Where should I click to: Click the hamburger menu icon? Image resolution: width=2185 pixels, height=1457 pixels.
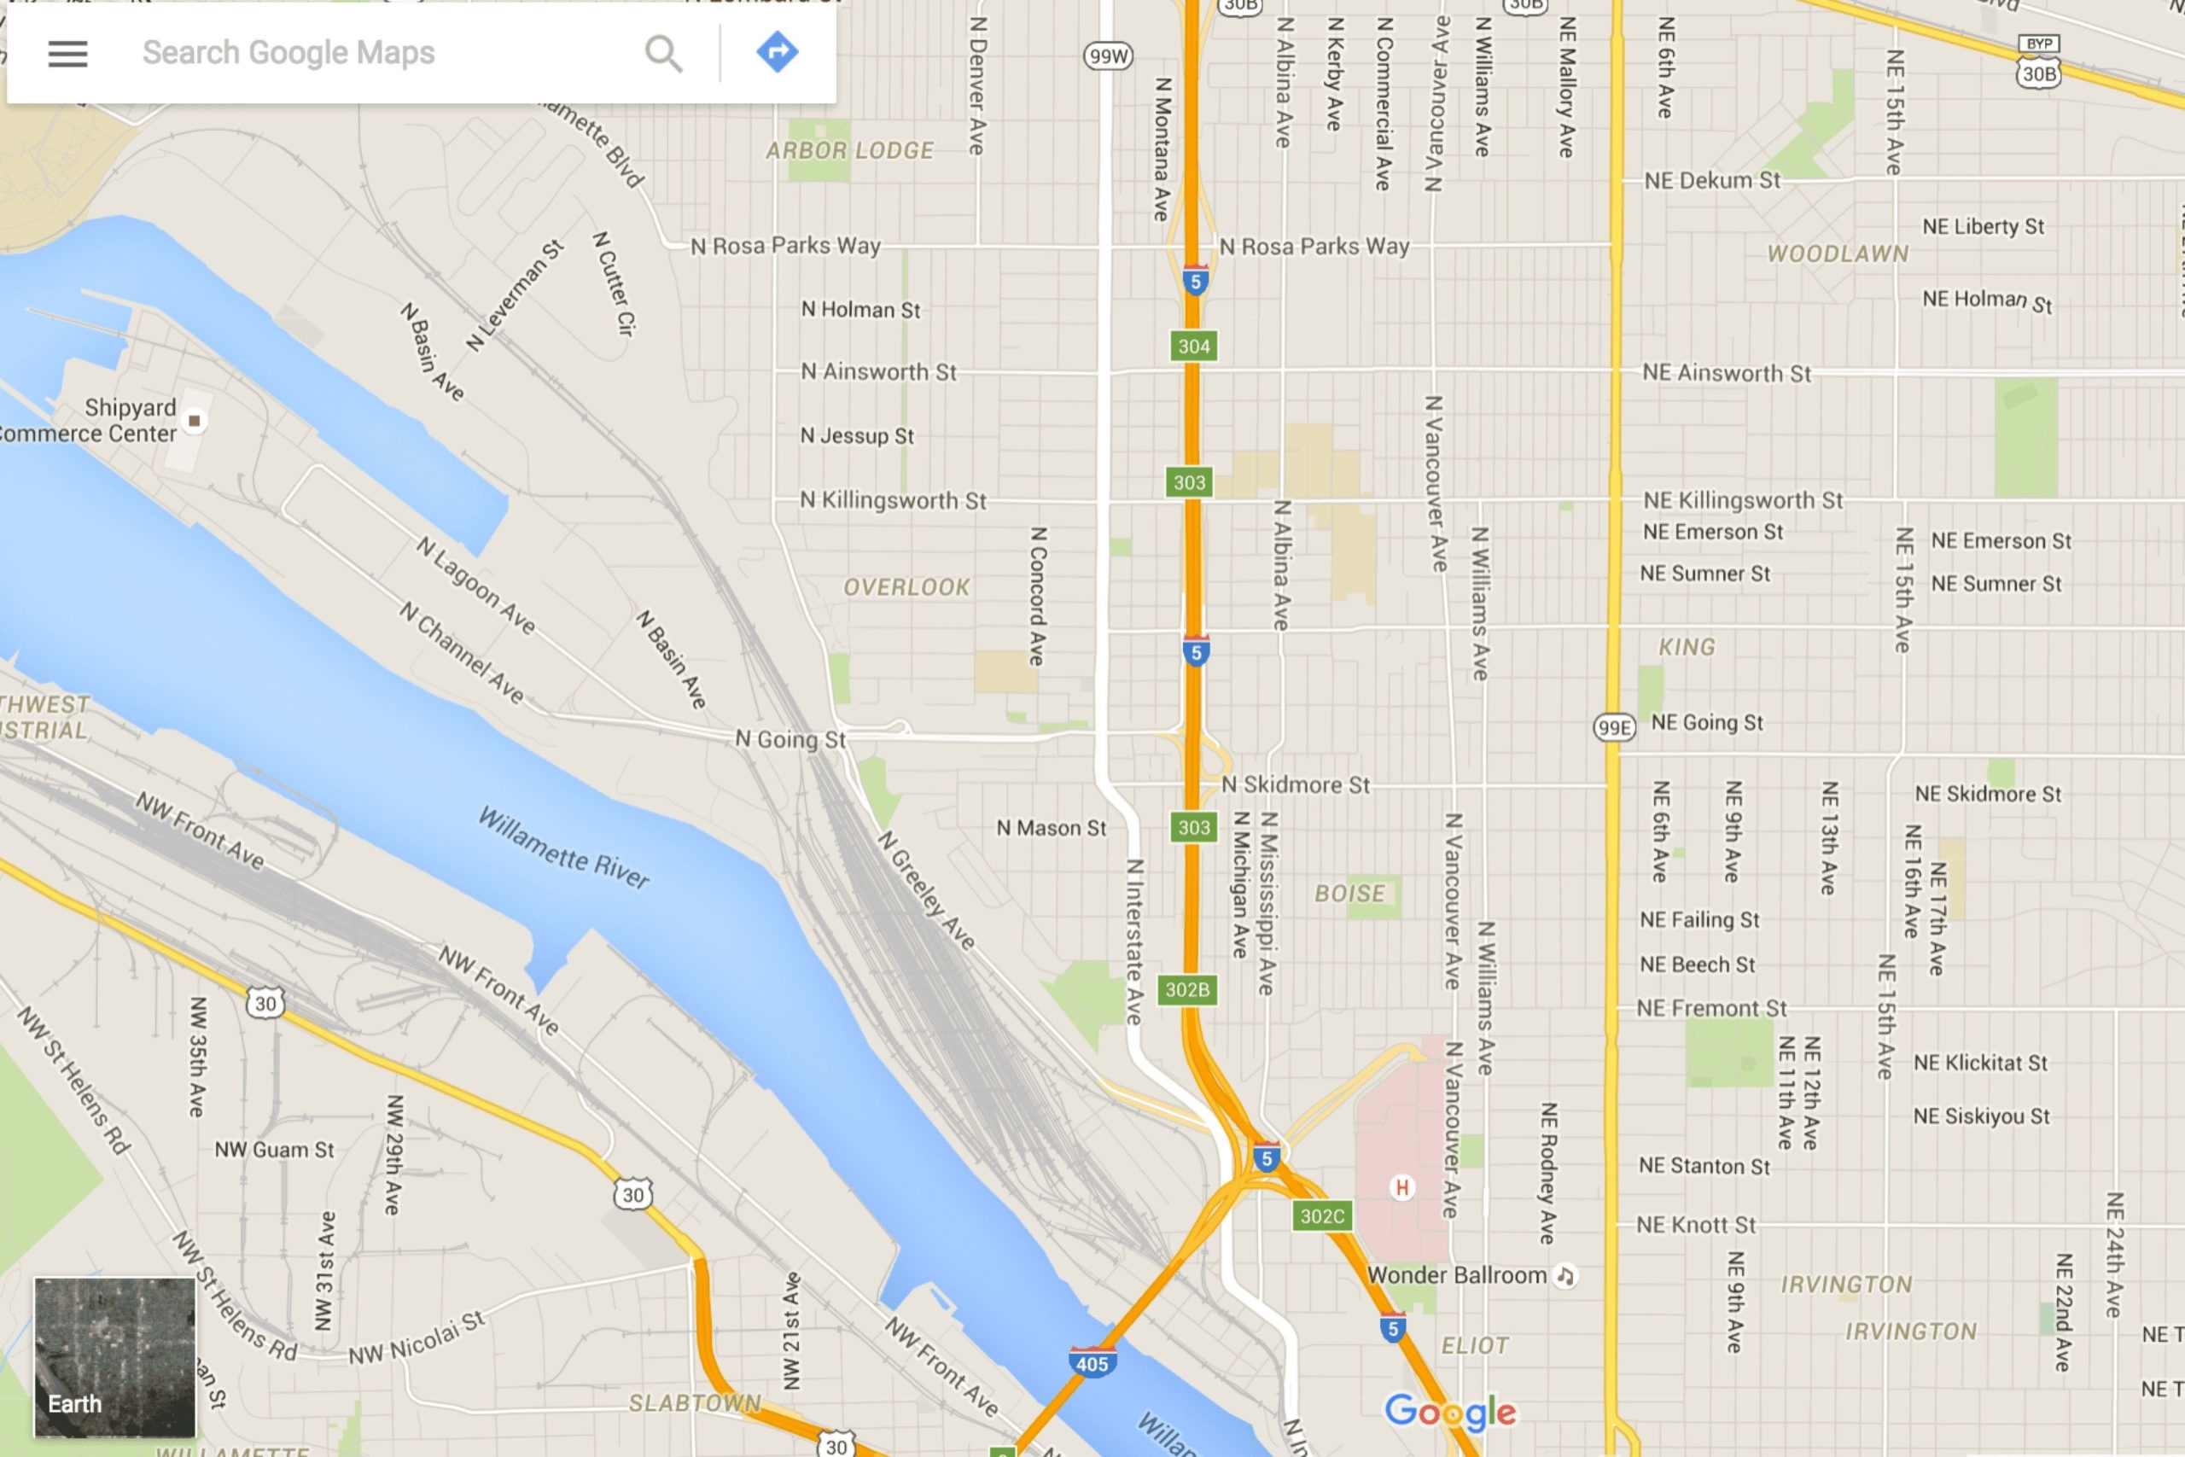(x=67, y=54)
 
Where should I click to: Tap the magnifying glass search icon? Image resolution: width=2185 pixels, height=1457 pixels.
(x=663, y=54)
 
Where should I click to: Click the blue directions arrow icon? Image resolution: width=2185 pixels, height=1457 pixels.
(x=777, y=52)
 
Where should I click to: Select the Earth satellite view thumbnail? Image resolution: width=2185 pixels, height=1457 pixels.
(x=114, y=1356)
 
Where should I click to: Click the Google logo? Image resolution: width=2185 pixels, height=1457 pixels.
(x=1449, y=1413)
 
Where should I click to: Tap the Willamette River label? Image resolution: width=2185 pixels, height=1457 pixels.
(x=563, y=848)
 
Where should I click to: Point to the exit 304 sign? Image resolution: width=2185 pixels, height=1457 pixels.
(x=1194, y=347)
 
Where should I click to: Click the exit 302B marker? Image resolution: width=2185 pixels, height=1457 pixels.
(x=1187, y=989)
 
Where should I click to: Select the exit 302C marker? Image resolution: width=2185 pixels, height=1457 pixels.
(x=1321, y=1216)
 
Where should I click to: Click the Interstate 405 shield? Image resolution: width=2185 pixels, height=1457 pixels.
(x=1092, y=1362)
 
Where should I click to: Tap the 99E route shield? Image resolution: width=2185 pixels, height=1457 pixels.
(x=1614, y=727)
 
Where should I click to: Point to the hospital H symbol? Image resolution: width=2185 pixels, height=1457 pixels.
(x=1401, y=1186)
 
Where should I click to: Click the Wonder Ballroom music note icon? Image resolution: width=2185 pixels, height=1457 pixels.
(x=1565, y=1276)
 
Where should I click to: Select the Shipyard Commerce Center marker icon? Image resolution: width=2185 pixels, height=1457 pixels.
(x=194, y=421)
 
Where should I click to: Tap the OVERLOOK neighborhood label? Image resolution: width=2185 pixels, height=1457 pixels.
(x=906, y=587)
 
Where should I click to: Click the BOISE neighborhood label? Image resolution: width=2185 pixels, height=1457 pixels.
(x=1349, y=894)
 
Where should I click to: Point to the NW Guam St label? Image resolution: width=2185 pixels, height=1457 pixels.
(x=274, y=1151)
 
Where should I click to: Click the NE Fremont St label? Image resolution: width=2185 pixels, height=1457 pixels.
(x=1711, y=1009)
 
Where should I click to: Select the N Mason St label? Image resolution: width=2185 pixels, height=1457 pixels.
(x=1051, y=828)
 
